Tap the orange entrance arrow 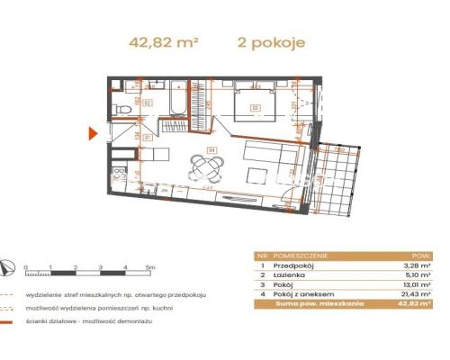[x=92, y=134]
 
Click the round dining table [x=207, y=166]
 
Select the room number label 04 [x=212, y=148]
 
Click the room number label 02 [x=147, y=103]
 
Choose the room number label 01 [x=147, y=138]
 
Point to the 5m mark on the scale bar [x=150, y=268]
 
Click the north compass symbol [x=8, y=265]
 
